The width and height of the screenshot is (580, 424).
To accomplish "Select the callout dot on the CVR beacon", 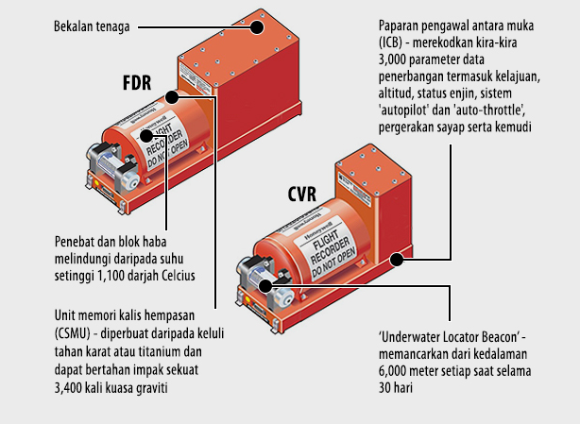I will click(x=266, y=282).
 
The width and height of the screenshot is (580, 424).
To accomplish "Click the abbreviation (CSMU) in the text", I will click(x=69, y=335).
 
